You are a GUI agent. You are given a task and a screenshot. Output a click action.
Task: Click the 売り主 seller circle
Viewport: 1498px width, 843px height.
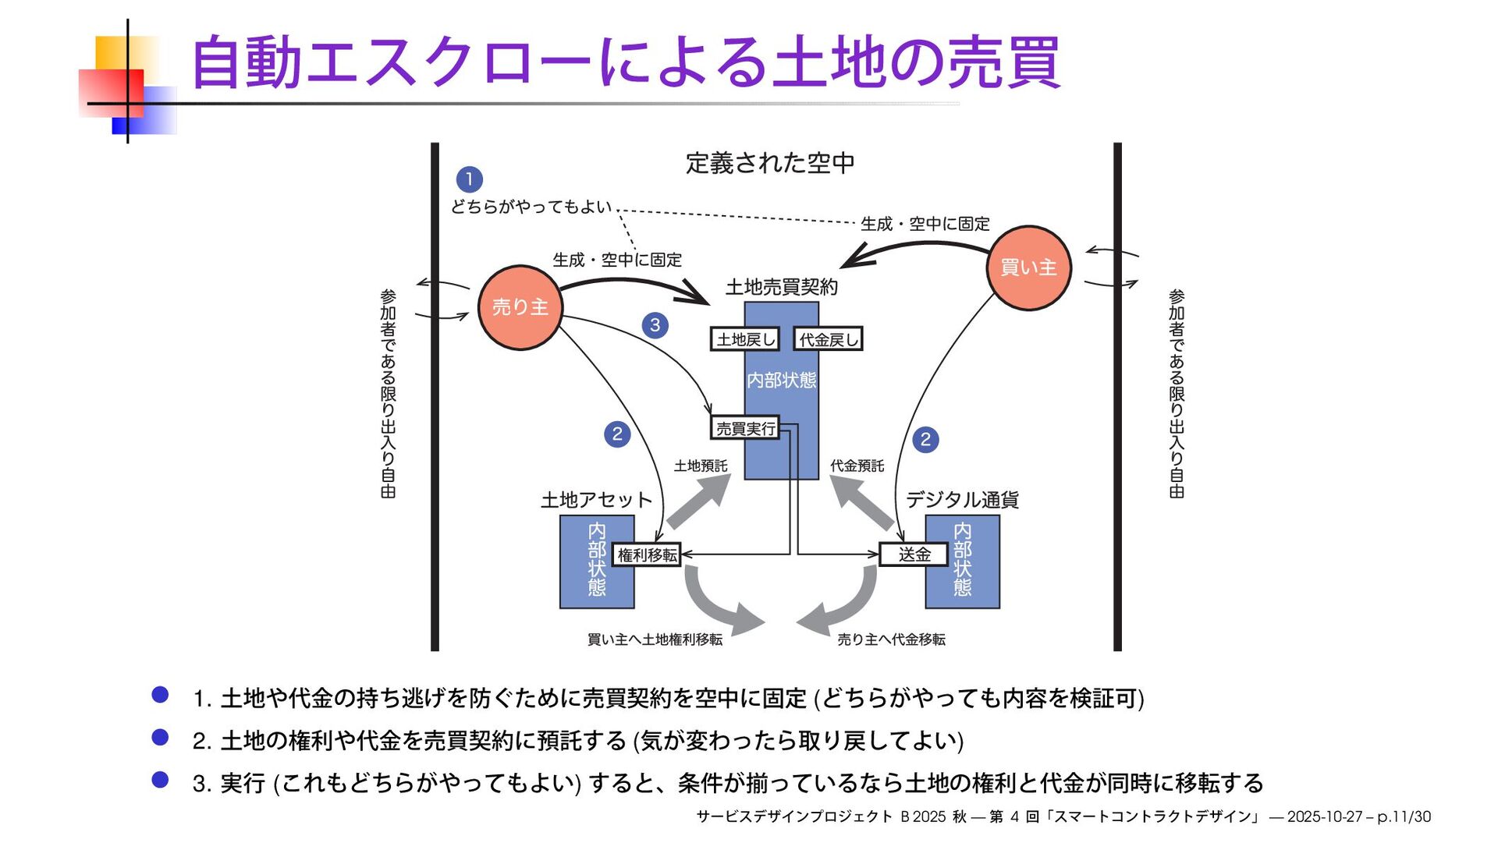(520, 307)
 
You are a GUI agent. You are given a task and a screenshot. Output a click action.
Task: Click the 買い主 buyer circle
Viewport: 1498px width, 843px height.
(1029, 267)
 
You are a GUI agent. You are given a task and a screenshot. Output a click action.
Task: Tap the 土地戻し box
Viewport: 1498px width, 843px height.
(745, 339)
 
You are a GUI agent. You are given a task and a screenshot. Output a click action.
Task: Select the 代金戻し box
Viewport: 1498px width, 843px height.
(828, 339)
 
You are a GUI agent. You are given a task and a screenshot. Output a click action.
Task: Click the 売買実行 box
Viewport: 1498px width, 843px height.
(745, 428)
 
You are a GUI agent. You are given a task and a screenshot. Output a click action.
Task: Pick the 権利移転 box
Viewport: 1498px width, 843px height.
(647, 554)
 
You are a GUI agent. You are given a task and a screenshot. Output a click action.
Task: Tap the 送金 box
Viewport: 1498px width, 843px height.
(914, 554)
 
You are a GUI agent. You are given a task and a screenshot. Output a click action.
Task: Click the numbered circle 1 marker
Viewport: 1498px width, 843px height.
(469, 179)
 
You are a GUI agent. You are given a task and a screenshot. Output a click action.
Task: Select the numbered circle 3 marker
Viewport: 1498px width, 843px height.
(655, 324)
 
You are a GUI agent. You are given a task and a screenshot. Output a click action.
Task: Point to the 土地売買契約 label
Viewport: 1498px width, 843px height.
(781, 287)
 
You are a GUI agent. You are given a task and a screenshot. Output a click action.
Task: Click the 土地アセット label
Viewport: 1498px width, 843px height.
(596, 500)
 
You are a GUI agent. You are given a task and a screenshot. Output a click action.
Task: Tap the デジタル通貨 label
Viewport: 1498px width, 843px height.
(962, 500)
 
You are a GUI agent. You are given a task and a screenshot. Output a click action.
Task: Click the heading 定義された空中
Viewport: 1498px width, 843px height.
(770, 163)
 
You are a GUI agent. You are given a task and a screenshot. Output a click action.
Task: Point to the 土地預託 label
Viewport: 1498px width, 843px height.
(701, 466)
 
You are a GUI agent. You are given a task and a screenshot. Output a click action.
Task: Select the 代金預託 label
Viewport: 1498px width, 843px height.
(857, 466)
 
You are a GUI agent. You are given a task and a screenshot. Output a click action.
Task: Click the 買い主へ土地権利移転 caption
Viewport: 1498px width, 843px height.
(655, 639)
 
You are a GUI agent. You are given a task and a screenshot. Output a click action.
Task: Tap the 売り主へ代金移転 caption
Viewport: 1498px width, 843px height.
(891, 639)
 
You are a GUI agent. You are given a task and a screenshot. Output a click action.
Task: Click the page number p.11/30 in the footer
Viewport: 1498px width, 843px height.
(1404, 816)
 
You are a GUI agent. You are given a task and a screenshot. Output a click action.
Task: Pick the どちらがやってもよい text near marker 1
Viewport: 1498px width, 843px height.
(531, 207)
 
